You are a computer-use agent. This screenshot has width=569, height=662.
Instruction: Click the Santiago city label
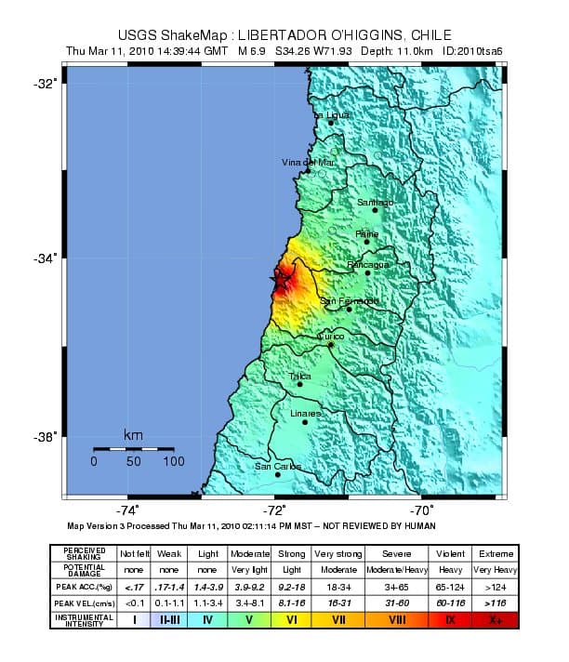click(x=376, y=202)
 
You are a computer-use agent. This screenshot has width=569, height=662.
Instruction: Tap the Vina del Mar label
click(x=307, y=163)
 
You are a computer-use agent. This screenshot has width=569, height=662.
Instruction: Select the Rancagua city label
click(x=368, y=265)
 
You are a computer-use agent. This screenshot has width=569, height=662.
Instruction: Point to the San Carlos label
click(x=278, y=467)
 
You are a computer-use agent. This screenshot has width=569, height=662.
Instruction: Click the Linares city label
click(x=305, y=414)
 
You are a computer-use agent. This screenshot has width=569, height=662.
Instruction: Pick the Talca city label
click(x=299, y=377)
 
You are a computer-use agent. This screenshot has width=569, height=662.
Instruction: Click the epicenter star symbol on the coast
click(x=276, y=278)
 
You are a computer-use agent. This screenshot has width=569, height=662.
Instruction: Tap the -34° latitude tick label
click(x=46, y=258)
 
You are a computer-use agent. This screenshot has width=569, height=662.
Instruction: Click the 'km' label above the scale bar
click(x=133, y=435)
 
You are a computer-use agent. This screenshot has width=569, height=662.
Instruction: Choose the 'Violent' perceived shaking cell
click(x=451, y=553)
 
